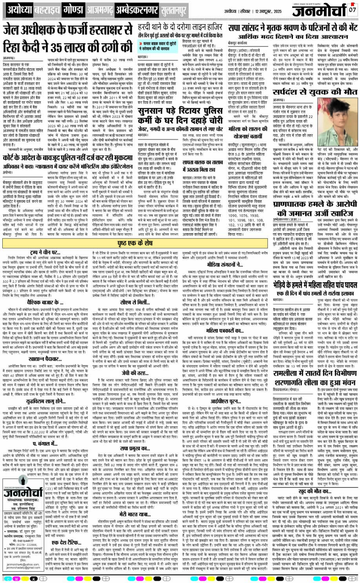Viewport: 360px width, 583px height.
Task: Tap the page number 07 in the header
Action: pyautogui.click(x=352, y=9)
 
